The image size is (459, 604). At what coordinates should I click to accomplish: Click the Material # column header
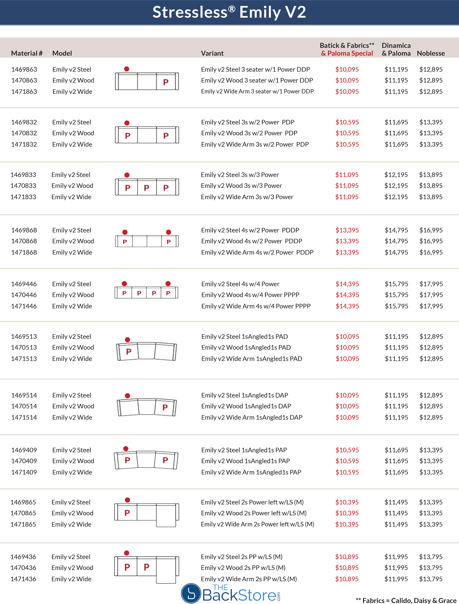[27, 53]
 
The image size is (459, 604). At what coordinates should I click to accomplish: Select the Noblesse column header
[431, 53]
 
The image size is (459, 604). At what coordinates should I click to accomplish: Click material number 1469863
[24, 69]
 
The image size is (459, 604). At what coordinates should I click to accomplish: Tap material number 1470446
[24, 295]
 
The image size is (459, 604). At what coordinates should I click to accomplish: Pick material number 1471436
[23, 579]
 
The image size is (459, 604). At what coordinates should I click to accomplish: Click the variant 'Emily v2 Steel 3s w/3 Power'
[240, 175]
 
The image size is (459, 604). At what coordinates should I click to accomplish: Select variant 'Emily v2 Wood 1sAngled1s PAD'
[246, 347]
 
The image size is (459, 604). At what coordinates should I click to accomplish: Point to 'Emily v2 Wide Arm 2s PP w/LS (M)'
[249, 579]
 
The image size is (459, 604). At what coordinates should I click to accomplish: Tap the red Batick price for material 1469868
[347, 230]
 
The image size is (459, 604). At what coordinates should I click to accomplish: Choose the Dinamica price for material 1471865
[396, 524]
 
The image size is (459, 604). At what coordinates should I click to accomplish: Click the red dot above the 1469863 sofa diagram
[126, 69]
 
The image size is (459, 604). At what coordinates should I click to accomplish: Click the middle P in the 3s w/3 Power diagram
[147, 188]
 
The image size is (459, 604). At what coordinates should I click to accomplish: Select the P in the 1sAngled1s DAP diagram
[165, 407]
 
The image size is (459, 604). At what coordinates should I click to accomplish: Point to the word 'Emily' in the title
[260, 12]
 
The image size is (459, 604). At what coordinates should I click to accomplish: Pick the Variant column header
[212, 53]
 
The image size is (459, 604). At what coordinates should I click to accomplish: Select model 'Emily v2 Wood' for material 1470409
[73, 461]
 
